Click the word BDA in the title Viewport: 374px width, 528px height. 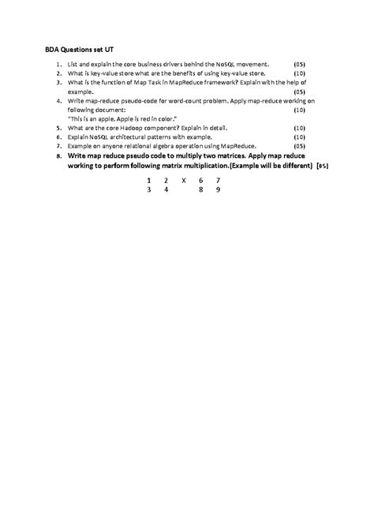(52, 47)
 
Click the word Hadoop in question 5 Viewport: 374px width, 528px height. (129, 127)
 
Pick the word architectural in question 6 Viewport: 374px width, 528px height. (125, 137)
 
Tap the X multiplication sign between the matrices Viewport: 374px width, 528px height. (183, 181)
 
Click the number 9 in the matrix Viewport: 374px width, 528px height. (218, 190)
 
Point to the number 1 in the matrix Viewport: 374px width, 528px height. (148, 181)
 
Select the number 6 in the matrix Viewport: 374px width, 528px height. (201, 181)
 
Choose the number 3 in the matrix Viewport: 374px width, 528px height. (148, 190)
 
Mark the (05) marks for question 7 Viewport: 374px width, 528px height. (299, 146)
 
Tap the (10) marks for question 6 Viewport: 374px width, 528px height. (299, 137)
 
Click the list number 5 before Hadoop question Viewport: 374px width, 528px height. (59, 127)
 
